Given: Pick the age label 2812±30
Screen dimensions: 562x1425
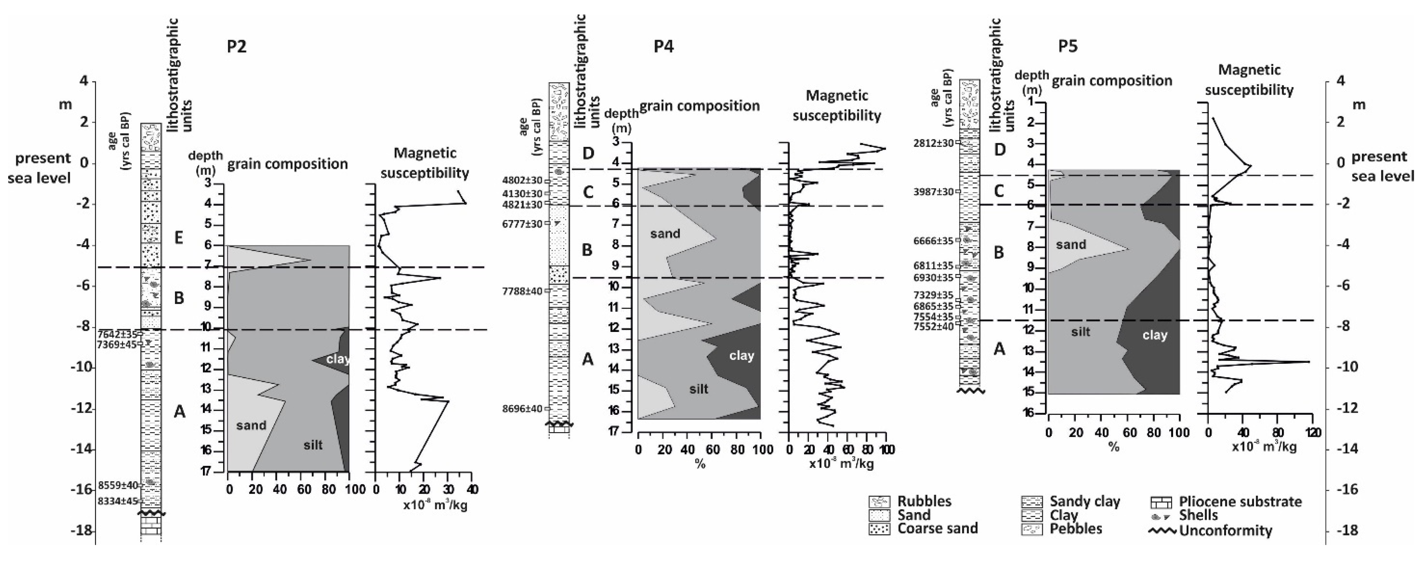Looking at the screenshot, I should [934, 143].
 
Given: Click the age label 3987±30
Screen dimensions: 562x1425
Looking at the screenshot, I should [934, 192].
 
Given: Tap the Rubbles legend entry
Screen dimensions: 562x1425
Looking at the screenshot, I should [924, 501].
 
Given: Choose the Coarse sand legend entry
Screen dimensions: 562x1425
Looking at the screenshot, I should [937, 528].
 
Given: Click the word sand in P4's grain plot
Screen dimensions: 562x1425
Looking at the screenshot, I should [665, 234].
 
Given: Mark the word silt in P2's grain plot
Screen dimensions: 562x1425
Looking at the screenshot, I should [313, 445].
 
